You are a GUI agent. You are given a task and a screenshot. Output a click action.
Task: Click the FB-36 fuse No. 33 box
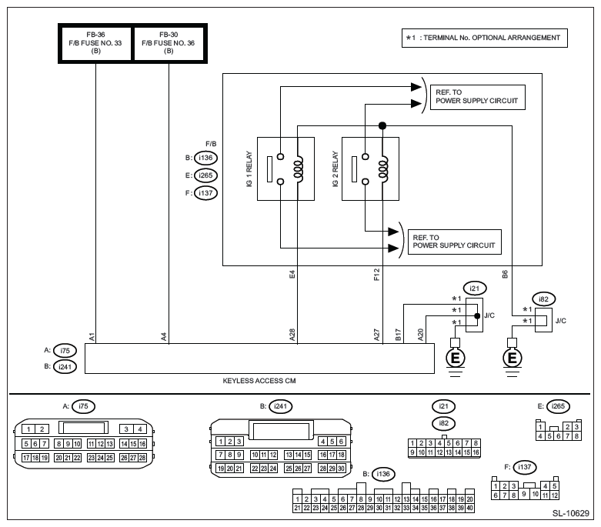click(95, 43)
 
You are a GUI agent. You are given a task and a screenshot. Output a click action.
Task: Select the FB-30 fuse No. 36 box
click(169, 43)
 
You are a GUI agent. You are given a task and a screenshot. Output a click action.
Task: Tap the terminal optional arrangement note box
click(485, 38)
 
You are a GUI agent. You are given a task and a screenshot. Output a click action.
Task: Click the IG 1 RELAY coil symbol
click(299, 168)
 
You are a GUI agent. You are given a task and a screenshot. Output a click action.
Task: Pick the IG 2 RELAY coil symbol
click(383, 168)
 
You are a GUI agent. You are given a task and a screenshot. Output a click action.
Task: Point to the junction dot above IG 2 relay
click(382, 125)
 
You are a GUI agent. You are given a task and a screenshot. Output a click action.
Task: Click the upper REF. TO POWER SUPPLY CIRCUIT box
click(478, 98)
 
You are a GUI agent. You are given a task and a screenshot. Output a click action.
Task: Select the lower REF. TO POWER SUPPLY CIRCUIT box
click(455, 242)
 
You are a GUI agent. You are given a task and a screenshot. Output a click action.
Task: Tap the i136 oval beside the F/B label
click(205, 158)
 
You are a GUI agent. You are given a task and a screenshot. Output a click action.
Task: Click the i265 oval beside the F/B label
click(205, 175)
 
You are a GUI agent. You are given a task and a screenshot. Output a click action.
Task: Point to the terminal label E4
click(292, 275)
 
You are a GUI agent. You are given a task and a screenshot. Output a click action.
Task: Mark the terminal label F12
click(377, 275)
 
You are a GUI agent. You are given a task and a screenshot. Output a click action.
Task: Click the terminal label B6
click(505, 275)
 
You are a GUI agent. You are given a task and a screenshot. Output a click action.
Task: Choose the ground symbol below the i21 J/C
click(455, 358)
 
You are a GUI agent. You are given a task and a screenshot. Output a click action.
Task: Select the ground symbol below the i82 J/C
click(512, 358)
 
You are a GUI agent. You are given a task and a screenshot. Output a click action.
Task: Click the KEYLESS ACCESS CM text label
click(259, 381)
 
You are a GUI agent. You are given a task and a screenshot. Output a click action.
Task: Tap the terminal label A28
click(292, 335)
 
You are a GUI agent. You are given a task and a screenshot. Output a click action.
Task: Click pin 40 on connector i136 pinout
click(470, 508)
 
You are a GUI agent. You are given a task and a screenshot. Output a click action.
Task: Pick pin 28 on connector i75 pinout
click(142, 458)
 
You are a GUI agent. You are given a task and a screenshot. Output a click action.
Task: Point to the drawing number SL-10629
click(571, 514)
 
